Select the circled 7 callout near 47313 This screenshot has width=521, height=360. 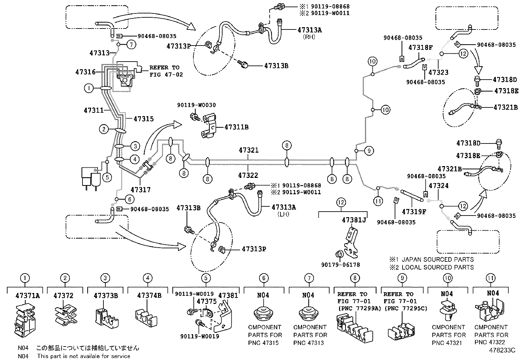pos(131,45)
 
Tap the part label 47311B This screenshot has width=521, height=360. pos(236,127)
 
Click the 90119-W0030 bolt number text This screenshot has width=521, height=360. pos(196,105)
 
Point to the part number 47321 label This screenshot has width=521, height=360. pos(248,150)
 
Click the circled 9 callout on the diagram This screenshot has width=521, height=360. pos(369,151)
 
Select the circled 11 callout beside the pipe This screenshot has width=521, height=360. pos(378,200)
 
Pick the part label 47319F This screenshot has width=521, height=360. pos(414,212)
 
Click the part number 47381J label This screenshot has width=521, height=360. pos(353,220)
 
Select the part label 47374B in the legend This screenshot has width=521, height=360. pos(149,295)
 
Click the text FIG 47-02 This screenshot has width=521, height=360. pos(166,74)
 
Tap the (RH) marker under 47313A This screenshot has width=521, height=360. pos(309,37)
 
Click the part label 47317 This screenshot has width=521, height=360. pos(141,189)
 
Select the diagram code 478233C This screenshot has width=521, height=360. pos(502,350)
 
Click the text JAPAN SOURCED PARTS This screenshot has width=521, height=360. pos(437,259)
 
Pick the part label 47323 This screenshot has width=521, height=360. pos(438,72)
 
